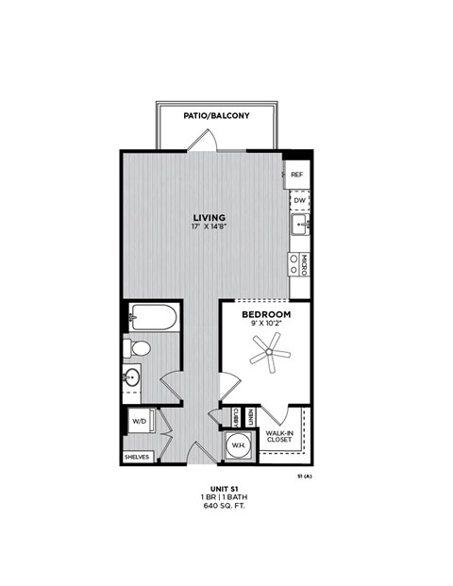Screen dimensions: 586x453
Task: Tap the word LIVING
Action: (x=210, y=218)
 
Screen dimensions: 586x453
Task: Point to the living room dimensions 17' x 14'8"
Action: (x=210, y=228)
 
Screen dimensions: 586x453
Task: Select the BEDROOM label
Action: (x=265, y=314)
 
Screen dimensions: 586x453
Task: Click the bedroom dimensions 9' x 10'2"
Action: (x=265, y=325)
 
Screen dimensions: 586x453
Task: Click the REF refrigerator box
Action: (x=297, y=176)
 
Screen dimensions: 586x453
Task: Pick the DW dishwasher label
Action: (x=298, y=200)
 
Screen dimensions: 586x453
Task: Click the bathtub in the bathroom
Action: (x=152, y=316)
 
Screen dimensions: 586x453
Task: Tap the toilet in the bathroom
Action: (x=138, y=348)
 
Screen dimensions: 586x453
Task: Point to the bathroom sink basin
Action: (x=132, y=378)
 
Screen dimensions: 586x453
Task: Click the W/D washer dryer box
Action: (x=138, y=421)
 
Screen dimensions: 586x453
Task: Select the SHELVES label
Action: (x=137, y=457)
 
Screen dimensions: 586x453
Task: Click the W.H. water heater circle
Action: (x=238, y=446)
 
